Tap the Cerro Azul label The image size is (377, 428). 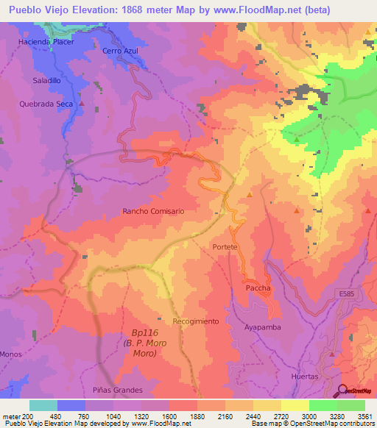121,51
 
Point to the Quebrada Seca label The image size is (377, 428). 45,104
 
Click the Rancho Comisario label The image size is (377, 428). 153,211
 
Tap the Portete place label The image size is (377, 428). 225,247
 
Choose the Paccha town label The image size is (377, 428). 258,288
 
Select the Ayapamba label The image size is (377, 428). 263,327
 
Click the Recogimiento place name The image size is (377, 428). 196,321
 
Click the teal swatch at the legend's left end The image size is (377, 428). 43,405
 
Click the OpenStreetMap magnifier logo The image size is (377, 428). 343,390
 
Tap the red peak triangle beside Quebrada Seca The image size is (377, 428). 82,104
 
